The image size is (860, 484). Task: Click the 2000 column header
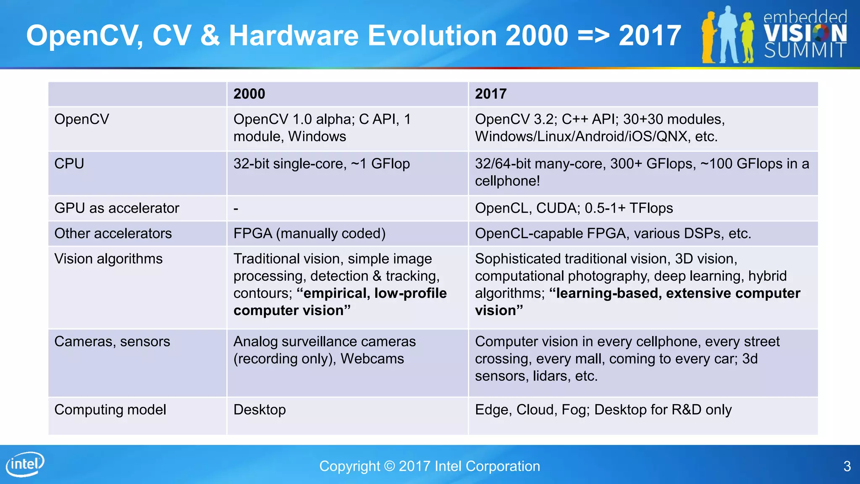click(x=249, y=94)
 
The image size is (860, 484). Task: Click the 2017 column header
click(x=490, y=94)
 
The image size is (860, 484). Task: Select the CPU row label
click(x=69, y=163)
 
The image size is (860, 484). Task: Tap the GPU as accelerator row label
click(x=117, y=208)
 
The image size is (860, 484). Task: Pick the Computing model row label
click(x=110, y=410)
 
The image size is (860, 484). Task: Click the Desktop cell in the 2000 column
click(x=260, y=410)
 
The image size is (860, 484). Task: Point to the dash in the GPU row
click(x=236, y=208)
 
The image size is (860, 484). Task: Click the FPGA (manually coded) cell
click(x=309, y=233)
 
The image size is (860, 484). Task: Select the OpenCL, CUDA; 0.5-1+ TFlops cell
click(x=574, y=208)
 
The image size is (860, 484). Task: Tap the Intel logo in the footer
click(x=25, y=464)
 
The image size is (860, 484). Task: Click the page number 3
click(x=847, y=466)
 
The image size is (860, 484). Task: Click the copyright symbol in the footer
click(x=389, y=466)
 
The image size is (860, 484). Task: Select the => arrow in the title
click(x=593, y=35)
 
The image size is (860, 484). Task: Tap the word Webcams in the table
click(x=372, y=359)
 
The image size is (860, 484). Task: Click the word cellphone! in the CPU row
click(x=507, y=181)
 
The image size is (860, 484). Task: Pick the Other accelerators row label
click(x=113, y=233)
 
